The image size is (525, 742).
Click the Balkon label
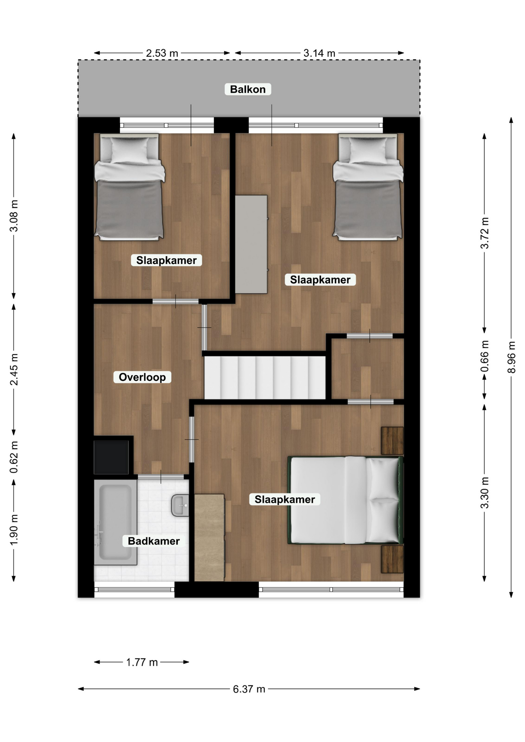coord(248,89)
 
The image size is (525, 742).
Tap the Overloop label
coord(142,377)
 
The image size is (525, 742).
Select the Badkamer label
coord(154,541)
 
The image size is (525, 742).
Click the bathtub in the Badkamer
coord(116,522)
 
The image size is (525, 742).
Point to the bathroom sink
coord(180,505)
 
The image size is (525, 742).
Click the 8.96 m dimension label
coord(511,357)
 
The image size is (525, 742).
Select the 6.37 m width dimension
coord(249,689)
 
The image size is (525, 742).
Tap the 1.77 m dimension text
coord(142,662)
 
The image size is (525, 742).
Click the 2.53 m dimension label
coord(162,53)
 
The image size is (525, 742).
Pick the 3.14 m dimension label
coord(319,53)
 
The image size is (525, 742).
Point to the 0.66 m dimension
coord(485,356)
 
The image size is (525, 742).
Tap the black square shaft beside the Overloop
coord(111,457)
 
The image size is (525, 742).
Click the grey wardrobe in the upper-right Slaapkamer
coord(251,244)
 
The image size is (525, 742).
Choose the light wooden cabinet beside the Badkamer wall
coord(209,538)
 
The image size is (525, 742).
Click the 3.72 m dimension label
coord(485,233)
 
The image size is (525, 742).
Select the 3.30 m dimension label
coord(485,493)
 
